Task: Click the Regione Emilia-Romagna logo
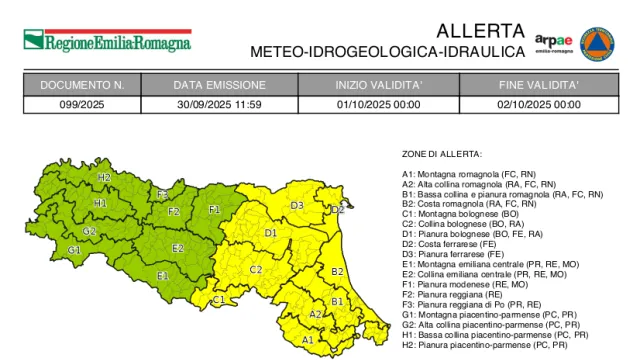[x=106, y=41]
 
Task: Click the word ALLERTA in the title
[x=479, y=30]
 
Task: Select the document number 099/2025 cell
[x=82, y=103]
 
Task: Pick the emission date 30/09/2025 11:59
[x=218, y=103]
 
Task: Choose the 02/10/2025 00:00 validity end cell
[x=540, y=103]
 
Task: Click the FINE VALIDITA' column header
[x=540, y=85]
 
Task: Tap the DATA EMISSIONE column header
[x=218, y=85]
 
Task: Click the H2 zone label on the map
[x=104, y=178]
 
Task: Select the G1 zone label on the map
[x=74, y=249]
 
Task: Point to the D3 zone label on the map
[x=297, y=205]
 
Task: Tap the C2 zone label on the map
[x=256, y=269]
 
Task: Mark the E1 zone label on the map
[x=162, y=275]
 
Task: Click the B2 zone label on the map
[x=337, y=271]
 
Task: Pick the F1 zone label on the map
[x=214, y=210]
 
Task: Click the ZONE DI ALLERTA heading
[x=442, y=154]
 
